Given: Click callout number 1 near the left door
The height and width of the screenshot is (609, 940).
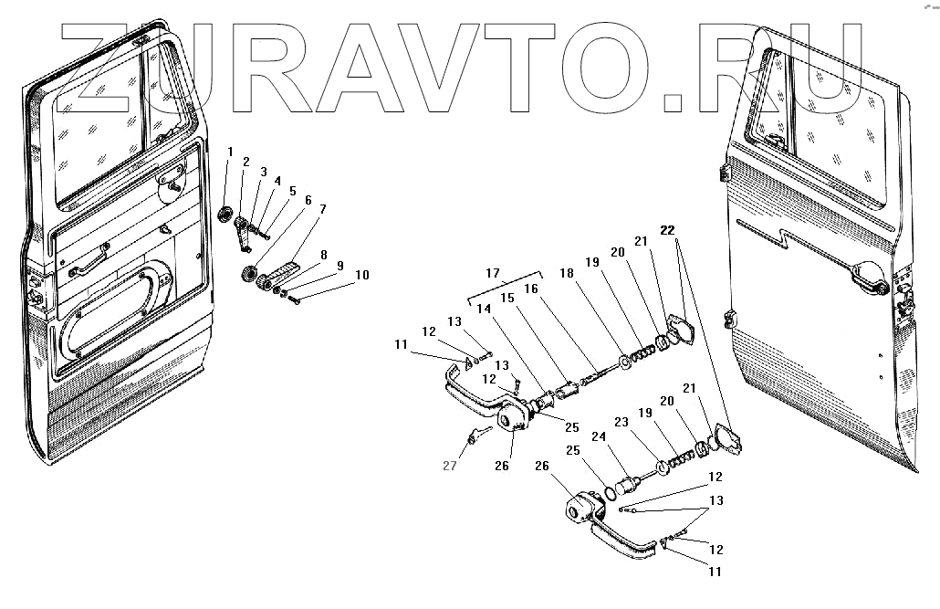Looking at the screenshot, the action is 230,151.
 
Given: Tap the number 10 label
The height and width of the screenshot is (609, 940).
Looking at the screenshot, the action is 362,275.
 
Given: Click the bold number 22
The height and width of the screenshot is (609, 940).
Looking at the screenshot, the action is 670,230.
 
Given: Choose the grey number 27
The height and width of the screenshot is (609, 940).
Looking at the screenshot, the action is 449,466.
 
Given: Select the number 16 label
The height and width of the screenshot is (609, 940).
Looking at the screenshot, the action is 530,289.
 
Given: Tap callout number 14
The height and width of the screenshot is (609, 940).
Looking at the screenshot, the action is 480,310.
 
